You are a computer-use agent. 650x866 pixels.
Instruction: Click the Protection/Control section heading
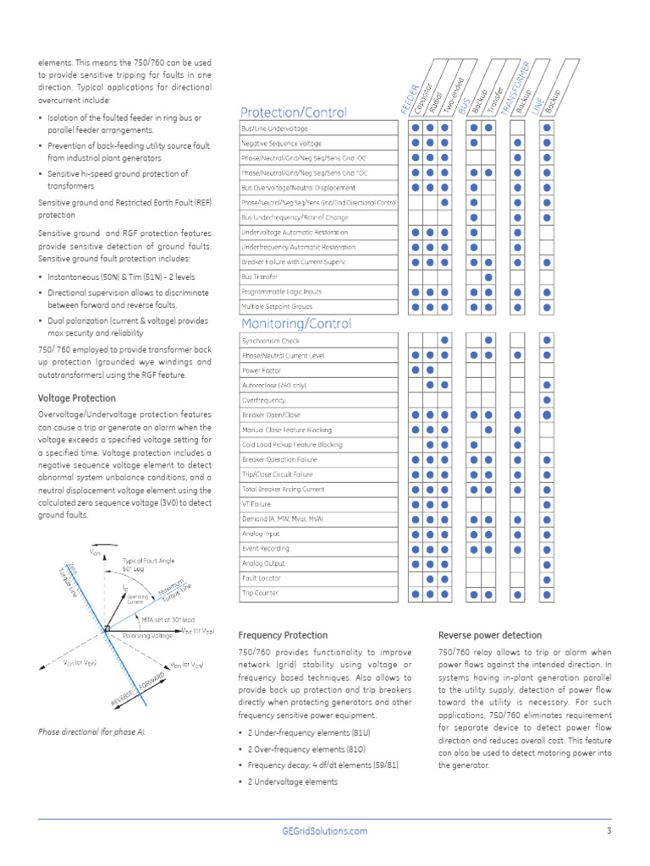[x=293, y=112]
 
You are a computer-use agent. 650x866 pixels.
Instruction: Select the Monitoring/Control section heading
[x=295, y=324]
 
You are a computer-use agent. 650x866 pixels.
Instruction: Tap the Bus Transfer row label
[x=260, y=277]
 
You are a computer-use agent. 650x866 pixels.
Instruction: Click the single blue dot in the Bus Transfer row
[x=488, y=277]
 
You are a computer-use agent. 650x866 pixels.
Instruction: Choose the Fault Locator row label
[x=262, y=578]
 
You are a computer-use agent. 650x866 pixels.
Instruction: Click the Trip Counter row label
[x=261, y=594]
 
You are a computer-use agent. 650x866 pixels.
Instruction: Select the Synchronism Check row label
[x=270, y=341]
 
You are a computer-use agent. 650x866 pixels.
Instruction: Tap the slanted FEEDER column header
[x=410, y=98]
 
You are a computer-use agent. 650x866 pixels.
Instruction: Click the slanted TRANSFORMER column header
[x=515, y=88]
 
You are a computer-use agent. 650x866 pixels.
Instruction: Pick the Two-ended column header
[x=449, y=90]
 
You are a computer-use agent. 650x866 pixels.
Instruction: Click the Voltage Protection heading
[x=76, y=398]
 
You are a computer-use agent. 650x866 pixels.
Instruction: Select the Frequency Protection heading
[x=283, y=635]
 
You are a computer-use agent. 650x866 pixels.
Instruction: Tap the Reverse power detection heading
[x=490, y=635]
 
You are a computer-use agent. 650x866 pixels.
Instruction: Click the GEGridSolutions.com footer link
[x=324, y=831]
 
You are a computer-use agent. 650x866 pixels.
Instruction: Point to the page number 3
[x=609, y=831]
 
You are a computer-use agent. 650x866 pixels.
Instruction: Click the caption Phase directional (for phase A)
[x=91, y=732]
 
